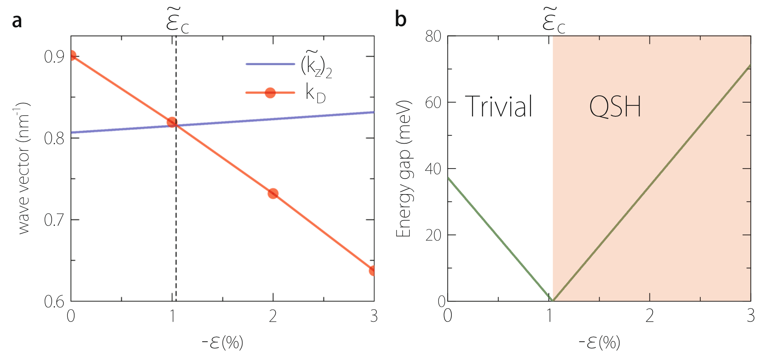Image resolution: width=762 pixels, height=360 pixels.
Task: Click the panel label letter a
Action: point(17,21)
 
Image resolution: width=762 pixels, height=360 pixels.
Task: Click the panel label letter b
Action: point(400,19)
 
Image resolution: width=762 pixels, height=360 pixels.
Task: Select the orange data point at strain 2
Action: point(273,194)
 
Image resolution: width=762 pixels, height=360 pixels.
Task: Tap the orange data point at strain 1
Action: point(172,122)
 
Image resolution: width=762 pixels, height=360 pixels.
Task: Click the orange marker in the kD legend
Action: point(270,92)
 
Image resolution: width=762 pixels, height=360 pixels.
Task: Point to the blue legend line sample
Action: point(270,64)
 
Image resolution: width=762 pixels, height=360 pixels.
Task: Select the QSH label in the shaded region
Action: point(615,106)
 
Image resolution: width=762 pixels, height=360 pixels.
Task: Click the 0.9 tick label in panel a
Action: point(54,57)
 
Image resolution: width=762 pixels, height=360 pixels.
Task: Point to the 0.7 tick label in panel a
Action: point(54,220)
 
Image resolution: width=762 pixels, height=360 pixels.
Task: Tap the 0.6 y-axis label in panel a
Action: point(54,302)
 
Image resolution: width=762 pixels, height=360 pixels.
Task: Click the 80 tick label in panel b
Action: point(433,37)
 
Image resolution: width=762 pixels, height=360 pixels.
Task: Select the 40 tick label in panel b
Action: point(433,169)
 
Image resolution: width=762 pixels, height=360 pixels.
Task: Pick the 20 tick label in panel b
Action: point(433,235)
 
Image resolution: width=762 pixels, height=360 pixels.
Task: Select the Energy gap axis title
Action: point(404,169)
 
